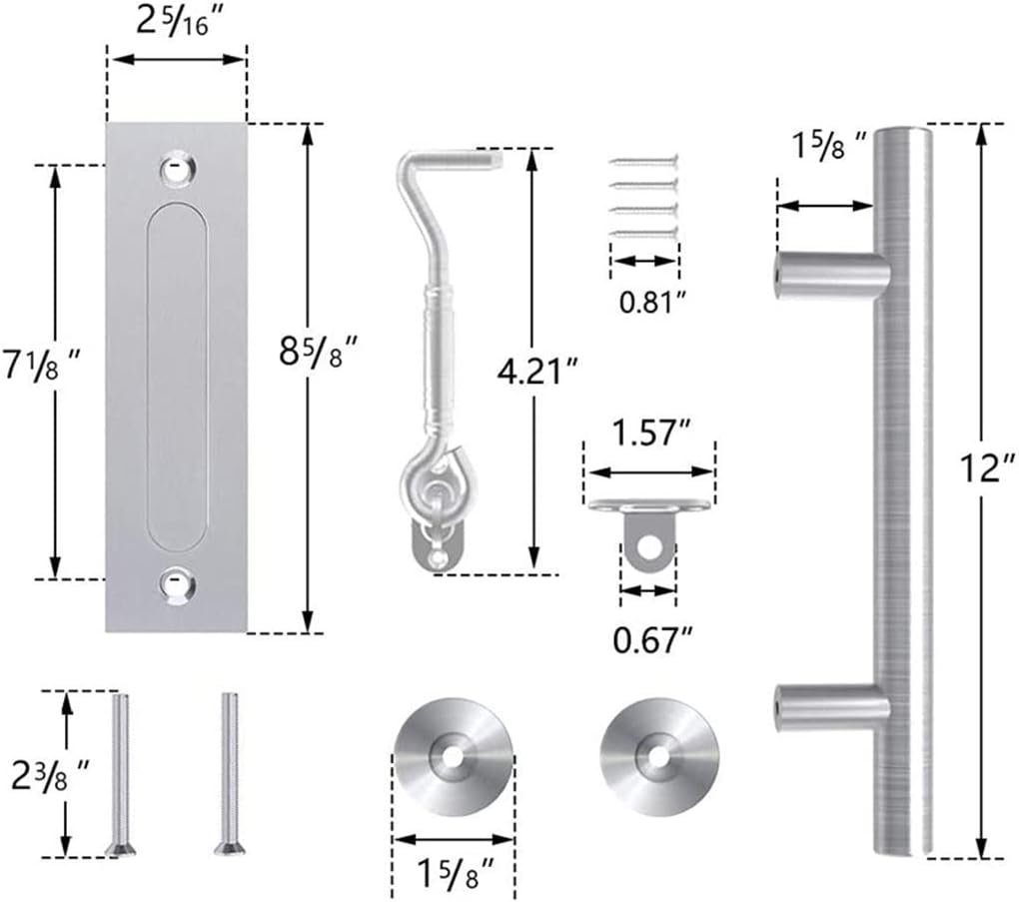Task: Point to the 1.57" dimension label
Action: [x=650, y=436]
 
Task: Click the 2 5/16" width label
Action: [x=176, y=23]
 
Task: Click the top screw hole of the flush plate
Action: [x=176, y=170]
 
